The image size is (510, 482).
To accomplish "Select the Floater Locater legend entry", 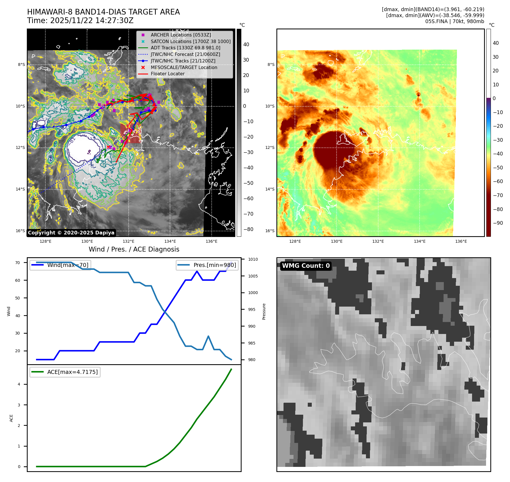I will coord(167,74).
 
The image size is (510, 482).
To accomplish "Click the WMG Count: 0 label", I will coord(306,266).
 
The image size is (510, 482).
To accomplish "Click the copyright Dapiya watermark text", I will coord(71,233).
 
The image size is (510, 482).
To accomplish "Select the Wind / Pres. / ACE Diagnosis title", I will coord(134,249).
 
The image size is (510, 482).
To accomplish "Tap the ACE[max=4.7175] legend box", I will coord(65,372).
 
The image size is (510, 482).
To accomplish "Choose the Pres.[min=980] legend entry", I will coord(207,265).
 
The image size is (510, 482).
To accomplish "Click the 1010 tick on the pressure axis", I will coord(253,259).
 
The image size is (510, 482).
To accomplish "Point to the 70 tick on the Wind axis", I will coord(18,263).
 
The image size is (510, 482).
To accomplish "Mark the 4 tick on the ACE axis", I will coord(19,384).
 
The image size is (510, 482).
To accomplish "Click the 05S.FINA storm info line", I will coord(454,21).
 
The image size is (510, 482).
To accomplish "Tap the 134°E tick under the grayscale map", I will coord(170,241).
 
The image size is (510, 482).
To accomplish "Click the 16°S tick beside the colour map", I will coord(270,231).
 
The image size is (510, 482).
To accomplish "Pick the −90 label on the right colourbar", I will coord(498,223).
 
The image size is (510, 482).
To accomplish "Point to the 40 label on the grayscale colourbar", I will coord(246,44).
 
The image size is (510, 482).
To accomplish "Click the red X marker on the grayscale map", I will coord(108,147).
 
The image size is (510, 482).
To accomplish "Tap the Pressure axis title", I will coord(264,311).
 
